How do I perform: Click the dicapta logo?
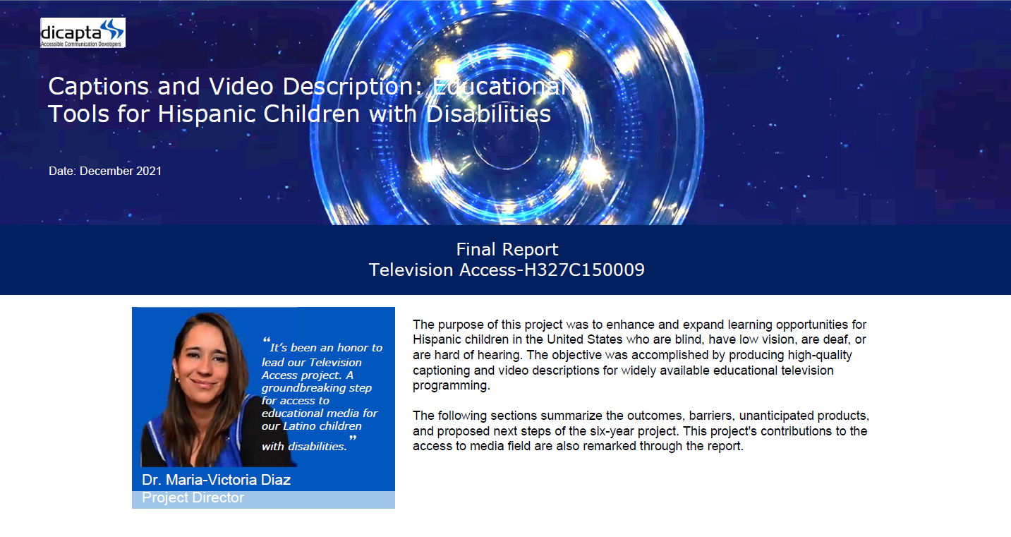pos(83,32)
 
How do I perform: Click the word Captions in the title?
pos(99,86)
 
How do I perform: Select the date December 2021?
pos(121,171)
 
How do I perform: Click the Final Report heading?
pos(507,250)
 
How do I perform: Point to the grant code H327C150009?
pos(584,270)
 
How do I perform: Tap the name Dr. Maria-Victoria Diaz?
pos(216,480)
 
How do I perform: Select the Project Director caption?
pos(193,497)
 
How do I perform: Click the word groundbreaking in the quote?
pos(316,388)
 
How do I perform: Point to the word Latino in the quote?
pos(300,426)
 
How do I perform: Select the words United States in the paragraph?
pos(585,339)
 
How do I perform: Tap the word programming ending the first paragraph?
pos(451,386)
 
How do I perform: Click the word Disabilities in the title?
pos(488,114)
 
